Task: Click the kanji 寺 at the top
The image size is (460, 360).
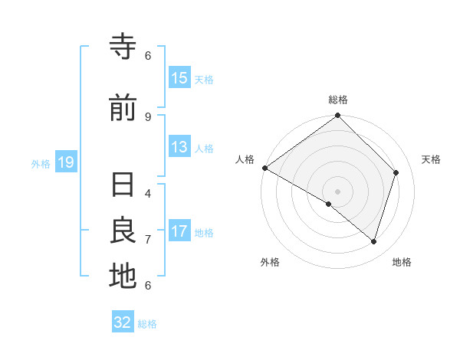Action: point(123,47)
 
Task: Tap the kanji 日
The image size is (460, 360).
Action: point(123,185)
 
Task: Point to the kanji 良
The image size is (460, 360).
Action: point(123,231)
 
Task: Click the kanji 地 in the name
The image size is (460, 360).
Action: point(123,277)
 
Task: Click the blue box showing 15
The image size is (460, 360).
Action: point(179,78)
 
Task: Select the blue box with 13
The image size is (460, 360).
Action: point(179,147)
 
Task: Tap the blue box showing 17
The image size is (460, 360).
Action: point(179,231)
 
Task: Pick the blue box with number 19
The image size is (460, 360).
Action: point(65,162)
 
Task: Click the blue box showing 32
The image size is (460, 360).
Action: point(123,322)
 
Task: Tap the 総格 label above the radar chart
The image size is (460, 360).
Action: point(338,100)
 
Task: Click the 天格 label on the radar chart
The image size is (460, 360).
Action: point(431,159)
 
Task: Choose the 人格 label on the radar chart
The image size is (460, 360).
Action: point(245,159)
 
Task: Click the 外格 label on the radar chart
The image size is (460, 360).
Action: point(270,262)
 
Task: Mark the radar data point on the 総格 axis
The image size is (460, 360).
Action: point(338,116)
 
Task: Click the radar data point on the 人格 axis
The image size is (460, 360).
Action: point(264,168)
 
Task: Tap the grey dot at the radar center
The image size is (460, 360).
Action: point(338,191)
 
